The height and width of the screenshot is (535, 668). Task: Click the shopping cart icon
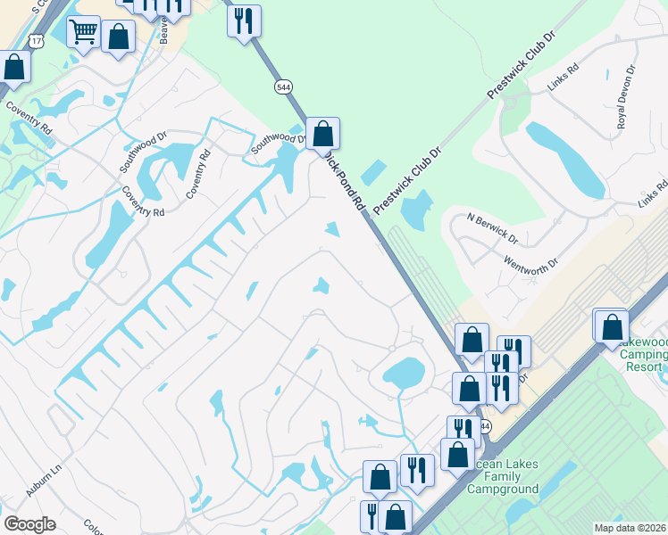(83, 32)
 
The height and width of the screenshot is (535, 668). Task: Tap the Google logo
(29, 524)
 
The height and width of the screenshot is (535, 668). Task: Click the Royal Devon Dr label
(625, 96)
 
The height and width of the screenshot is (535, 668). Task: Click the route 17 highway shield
(35, 41)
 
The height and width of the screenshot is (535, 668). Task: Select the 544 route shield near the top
(283, 86)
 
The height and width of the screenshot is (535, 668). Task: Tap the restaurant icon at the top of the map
(244, 20)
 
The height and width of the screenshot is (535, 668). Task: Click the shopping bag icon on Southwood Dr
(323, 135)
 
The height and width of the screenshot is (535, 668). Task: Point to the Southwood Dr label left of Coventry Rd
(144, 152)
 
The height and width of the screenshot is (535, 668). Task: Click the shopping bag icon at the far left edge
(13, 66)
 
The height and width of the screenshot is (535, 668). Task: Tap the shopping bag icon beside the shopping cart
(118, 37)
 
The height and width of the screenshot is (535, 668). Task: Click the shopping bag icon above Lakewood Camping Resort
(612, 326)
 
